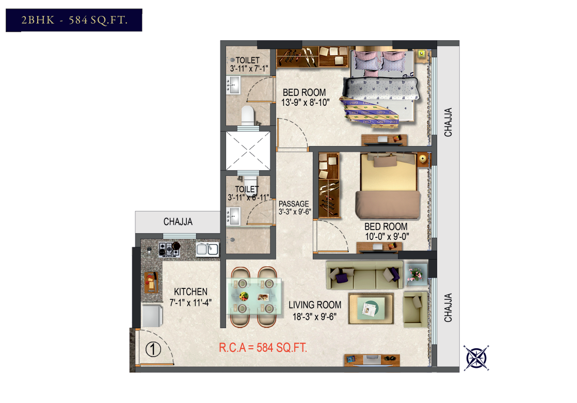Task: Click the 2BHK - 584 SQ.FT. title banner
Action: pos(74,20)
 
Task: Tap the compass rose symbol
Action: pos(476,358)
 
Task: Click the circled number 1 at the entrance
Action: pos(153,349)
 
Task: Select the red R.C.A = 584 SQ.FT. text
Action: pos(263,347)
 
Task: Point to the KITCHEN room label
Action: pos(190,292)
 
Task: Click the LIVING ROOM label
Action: pos(315,305)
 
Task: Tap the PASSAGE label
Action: pos(294,203)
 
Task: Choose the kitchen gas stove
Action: pos(169,249)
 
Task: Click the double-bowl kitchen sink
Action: pos(207,249)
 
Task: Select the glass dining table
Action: pos(254,297)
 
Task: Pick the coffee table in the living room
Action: pos(371,309)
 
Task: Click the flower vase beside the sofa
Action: pos(416,275)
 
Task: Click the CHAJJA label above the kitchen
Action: pos(178,221)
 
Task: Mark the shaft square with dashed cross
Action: pos(248,151)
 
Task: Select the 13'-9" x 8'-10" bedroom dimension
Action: pos(305,102)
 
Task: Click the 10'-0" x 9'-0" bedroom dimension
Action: pos(387,236)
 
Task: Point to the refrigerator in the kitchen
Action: pos(152,315)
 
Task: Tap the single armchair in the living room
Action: pos(415,309)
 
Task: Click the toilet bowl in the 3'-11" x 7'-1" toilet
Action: pos(248,115)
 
